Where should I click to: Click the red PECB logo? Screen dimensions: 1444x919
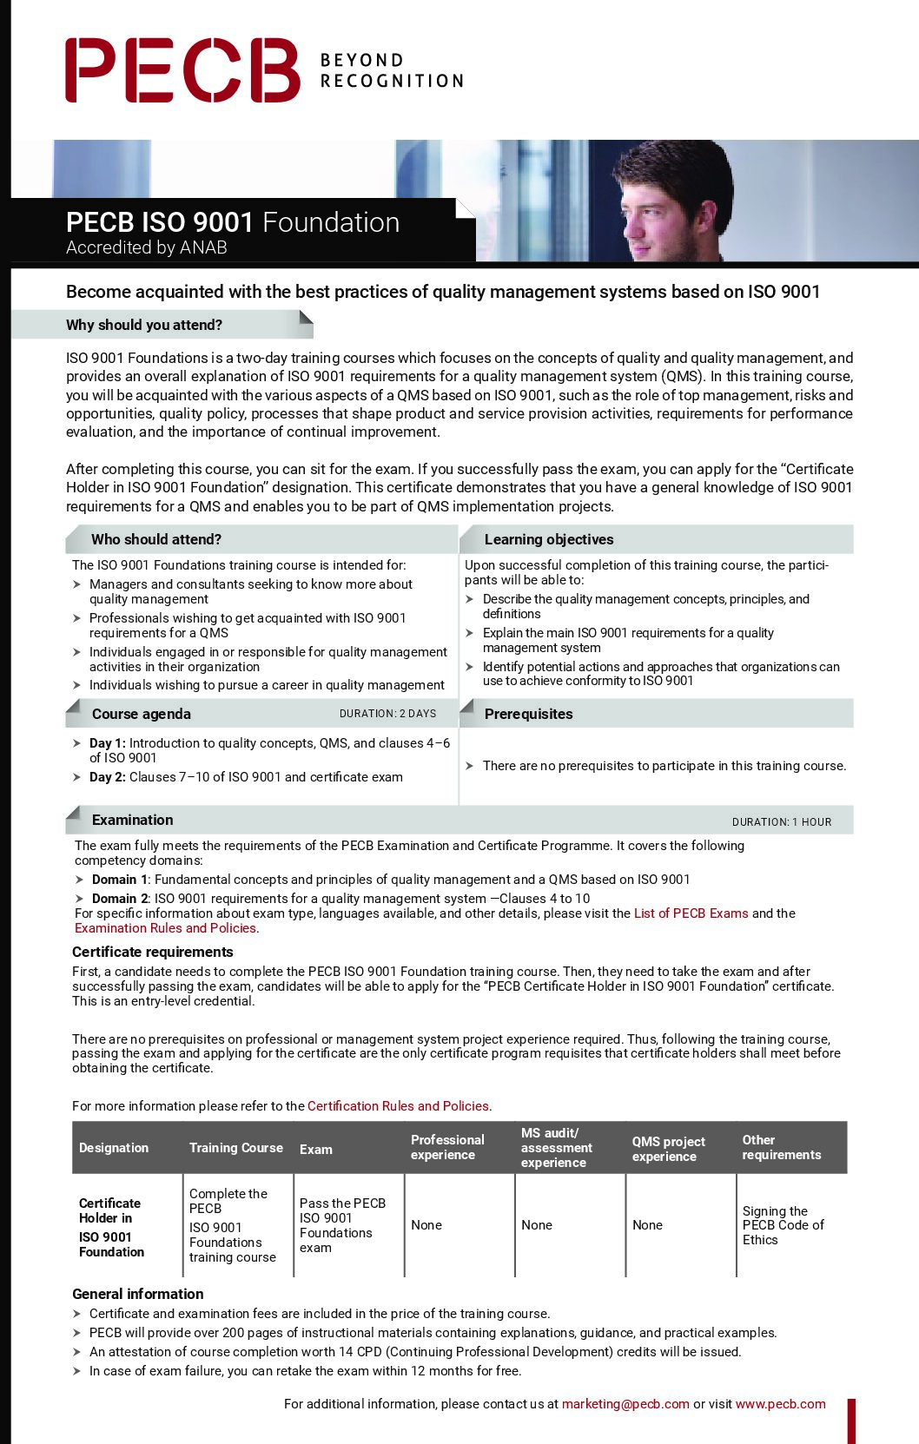pyautogui.click(x=182, y=70)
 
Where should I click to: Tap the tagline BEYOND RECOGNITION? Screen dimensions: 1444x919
pyautogui.click(x=392, y=70)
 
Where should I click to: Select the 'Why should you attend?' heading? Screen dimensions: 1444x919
pyautogui.click(x=144, y=325)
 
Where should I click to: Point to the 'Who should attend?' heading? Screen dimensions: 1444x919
pyautogui.click(x=156, y=539)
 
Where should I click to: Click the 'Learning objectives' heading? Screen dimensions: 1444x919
pyautogui.click(x=549, y=539)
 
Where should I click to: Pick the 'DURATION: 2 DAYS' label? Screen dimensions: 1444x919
pyautogui.click(x=387, y=714)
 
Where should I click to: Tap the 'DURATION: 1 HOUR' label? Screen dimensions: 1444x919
pyautogui.click(x=782, y=822)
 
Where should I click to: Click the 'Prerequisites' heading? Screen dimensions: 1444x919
pyautogui.click(x=528, y=714)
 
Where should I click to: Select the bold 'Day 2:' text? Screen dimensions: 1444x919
pyautogui.click(x=108, y=777)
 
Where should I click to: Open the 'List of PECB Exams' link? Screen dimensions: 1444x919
pyautogui.click(x=691, y=913)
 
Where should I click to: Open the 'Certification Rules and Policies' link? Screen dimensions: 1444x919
pyautogui.click(x=398, y=1106)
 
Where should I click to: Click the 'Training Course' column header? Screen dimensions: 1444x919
pyautogui.click(x=236, y=1148)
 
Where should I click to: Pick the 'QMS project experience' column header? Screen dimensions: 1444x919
pyautogui.click(x=668, y=1149)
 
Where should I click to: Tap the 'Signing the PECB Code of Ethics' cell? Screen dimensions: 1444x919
pyautogui.click(x=783, y=1225)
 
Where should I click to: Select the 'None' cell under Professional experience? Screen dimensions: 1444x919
pyautogui.click(x=426, y=1225)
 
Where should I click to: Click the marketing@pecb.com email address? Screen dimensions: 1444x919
pyautogui.click(x=625, y=1404)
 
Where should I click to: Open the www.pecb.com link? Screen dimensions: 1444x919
pyautogui.click(x=780, y=1404)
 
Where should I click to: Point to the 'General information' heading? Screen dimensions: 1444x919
pyautogui.click(x=138, y=1294)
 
